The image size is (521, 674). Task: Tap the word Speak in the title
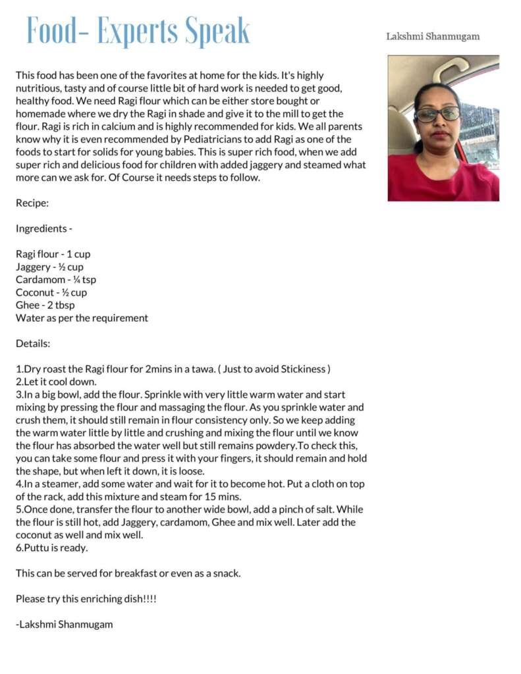(x=217, y=31)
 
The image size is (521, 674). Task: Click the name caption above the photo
(x=433, y=36)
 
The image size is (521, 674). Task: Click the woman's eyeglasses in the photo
(x=437, y=114)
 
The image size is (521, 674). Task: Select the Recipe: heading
(x=32, y=203)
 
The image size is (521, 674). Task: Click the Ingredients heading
(x=43, y=228)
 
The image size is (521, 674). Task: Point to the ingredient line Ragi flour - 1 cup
(x=53, y=254)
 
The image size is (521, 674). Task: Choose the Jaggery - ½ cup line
(x=49, y=267)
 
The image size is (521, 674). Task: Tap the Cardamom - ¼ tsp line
(x=56, y=280)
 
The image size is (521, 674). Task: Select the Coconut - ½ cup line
(x=51, y=292)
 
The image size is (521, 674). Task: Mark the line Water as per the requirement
(x=82, y=318)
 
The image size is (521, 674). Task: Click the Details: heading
(x=33, y=344)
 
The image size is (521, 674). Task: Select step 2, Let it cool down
(x=57, y=382)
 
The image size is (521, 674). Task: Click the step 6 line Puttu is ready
(x=51, y=548)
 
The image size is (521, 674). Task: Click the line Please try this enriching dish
(x=86, y=599)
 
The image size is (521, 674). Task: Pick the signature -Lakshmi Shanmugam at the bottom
(x=64, y=625)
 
